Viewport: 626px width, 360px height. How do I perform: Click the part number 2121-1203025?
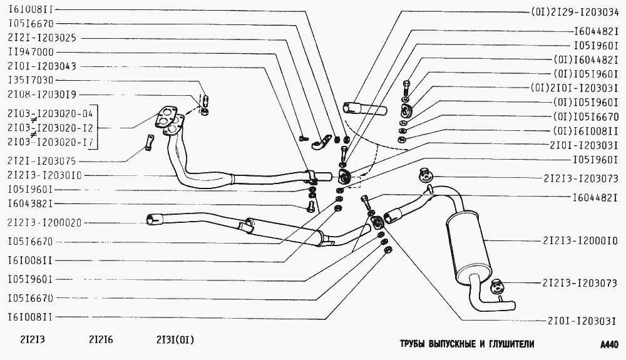(42, 38)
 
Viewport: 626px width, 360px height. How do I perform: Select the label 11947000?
(31, 52)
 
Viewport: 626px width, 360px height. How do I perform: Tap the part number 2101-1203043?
(42, 66)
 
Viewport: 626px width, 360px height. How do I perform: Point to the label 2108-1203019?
(42, 95)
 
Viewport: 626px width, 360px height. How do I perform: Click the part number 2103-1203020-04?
(49, 114)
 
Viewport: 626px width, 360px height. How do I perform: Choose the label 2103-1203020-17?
(49, 142)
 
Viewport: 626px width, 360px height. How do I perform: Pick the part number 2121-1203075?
(42, 161)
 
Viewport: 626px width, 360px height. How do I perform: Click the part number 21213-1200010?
(580, 240)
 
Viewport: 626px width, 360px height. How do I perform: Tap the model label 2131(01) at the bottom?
(175, 341)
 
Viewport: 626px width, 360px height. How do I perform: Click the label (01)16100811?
(585, 131)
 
